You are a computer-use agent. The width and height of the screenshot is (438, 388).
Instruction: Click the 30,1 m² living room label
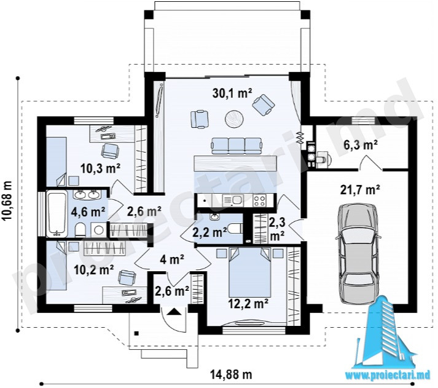pos(232,93)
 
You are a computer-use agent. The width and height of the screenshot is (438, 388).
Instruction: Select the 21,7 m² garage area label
pos(360,190)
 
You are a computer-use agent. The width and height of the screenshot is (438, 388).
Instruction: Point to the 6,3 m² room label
pos(362,145)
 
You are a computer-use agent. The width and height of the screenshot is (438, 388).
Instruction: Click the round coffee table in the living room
pos(234,119)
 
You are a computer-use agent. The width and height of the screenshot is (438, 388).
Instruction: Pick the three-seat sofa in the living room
pos(237,146)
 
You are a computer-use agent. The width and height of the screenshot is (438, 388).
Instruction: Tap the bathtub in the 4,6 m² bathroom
pos(57,213)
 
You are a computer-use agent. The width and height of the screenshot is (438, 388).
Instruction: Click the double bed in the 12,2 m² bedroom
pos(250,272)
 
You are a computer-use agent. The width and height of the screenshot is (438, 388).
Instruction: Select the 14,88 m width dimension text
pos(231,374)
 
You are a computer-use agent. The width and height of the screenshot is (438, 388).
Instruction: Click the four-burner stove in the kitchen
pos(259,200)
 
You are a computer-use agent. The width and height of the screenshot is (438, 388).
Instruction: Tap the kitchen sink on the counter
pos(233,200)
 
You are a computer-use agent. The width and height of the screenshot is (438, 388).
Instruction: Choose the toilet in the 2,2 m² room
pos(235,229)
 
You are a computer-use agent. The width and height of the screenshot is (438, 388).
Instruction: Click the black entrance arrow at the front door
pos(173,311)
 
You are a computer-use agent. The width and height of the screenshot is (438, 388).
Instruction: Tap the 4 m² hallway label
pos(172,259)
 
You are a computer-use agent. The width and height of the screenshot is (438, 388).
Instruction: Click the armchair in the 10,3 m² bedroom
pos(111,151)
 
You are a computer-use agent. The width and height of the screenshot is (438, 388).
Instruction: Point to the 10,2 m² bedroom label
pos(93,270)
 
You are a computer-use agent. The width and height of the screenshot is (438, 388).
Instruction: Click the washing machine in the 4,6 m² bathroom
pos(99,230)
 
